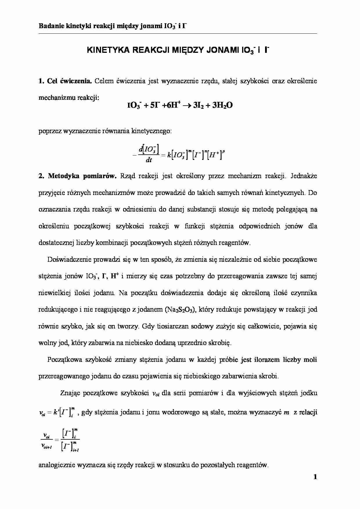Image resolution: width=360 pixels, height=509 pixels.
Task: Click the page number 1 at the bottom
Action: pos(315,477)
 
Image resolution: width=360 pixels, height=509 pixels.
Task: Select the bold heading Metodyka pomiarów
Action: pos(82,176)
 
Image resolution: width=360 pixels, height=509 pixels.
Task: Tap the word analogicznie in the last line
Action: pos(56,465)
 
